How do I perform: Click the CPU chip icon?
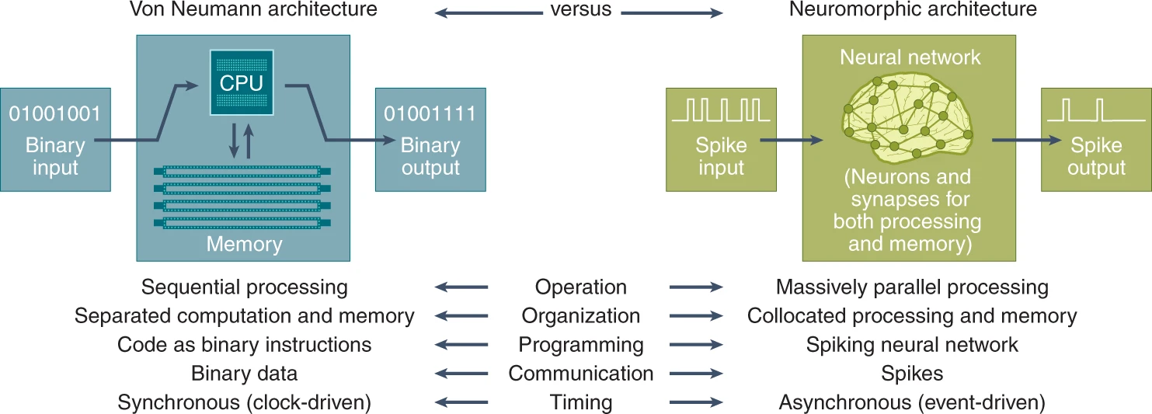(242, 82)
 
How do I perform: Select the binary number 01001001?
(55, 113)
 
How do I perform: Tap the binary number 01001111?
(430, 113)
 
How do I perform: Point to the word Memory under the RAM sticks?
(244, 244)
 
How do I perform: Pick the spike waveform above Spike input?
(721, 110)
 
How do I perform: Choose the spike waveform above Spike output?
(1096, 110)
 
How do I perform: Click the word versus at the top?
(580, 9)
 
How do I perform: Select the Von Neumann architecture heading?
(253, 9)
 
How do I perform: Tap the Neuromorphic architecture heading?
(913, 9)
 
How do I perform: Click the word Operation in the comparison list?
(580, 287)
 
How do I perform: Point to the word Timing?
(580, 402)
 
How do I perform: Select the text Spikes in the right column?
(912, 374)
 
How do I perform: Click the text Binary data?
(244, 374)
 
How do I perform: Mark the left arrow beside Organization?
(461, 316)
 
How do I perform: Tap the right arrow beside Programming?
(696, 345)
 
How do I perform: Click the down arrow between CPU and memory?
(234, 141)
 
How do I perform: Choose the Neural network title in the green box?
(910, 57)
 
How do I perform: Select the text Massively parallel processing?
(912, 287)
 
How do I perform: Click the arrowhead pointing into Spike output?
(1056, 140)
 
